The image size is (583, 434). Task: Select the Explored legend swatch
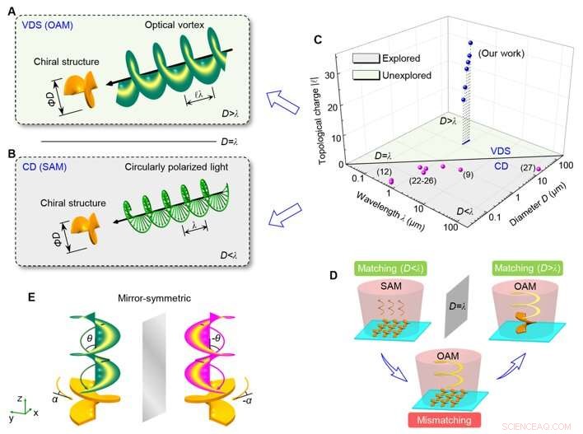coord(365,59)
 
